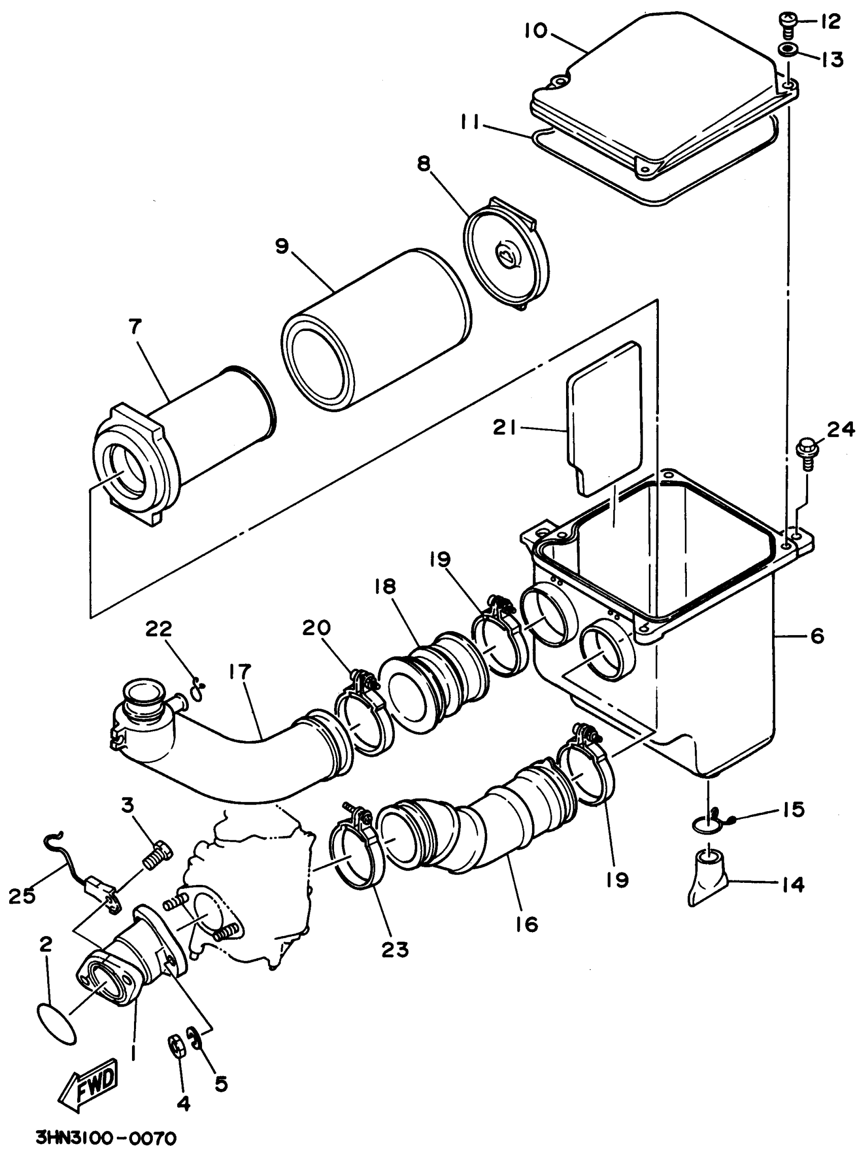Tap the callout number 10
coord(536,31)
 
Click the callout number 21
coord(504,428)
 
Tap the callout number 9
coord(282,246)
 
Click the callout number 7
coord(135,326)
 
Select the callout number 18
coord(385,586)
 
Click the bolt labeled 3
coord(157,857)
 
